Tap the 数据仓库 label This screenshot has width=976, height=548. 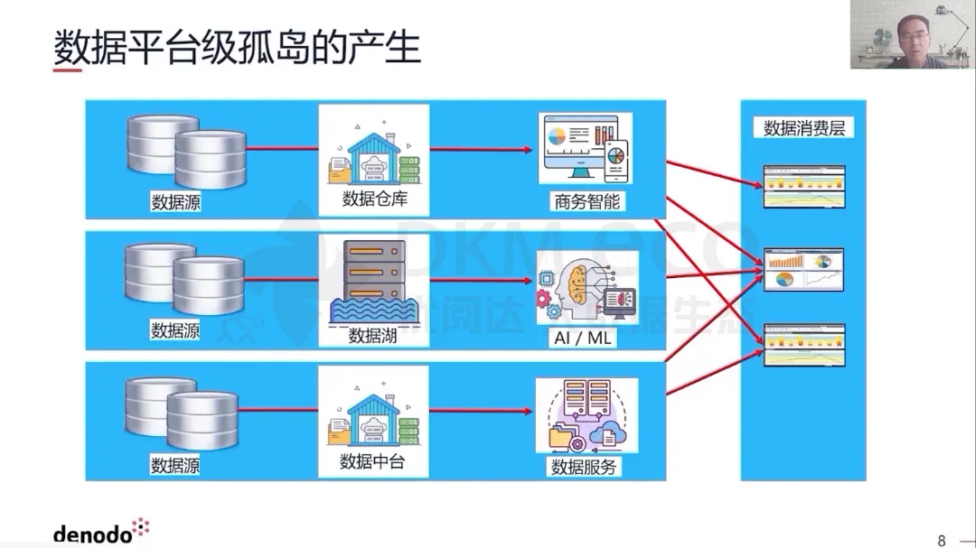click(374, 200)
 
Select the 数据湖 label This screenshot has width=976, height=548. click(373, 336)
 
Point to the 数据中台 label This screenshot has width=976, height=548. click(372, 462)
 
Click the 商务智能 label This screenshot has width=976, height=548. click(587, 200)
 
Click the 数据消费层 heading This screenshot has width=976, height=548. click(803, 128)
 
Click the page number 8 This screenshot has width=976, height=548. click(942, 540)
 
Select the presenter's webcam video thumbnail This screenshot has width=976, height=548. click(911, 34)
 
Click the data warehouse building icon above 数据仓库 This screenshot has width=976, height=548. click(374, 151)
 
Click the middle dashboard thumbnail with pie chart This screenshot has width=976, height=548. click(803, 269)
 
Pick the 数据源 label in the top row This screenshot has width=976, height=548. click(175, 202)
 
